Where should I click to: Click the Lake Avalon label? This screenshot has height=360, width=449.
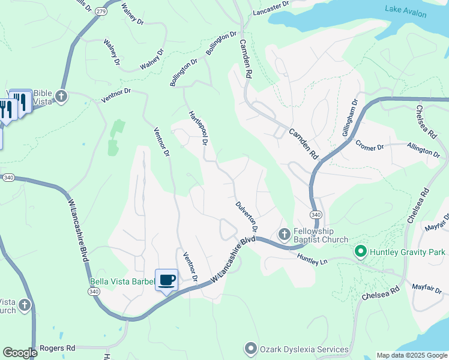[406, 13]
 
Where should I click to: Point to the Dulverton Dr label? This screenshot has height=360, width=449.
[246, 217]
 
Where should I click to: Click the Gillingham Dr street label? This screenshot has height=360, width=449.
[351, 118]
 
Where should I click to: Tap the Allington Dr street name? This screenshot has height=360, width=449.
[423, 149]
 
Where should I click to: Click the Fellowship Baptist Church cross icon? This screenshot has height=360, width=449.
[284, 233]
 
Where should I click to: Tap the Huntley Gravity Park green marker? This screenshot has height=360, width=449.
[360, 251]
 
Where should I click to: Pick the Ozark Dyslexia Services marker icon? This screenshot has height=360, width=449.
[250, 349]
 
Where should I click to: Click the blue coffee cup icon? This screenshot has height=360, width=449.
[167, 279]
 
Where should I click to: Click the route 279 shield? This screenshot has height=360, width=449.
[101, 11]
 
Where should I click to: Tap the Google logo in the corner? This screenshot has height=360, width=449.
[20, 353]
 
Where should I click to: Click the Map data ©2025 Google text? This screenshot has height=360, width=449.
[412, 355]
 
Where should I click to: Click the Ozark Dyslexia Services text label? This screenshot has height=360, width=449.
[304, 349]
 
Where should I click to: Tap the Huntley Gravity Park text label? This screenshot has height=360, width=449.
[408, 252]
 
